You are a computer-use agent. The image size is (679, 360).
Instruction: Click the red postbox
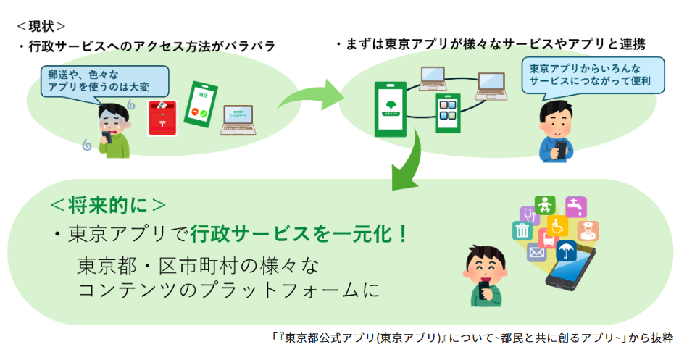(x=162, y=118)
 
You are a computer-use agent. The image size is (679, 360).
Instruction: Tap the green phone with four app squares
(x=447, y=112)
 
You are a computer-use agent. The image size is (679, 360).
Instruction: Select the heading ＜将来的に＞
(x=109, y=205)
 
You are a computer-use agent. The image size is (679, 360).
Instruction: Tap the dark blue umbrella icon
(x=566, y=251)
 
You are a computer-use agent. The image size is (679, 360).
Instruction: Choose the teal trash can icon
(x=522, y=230)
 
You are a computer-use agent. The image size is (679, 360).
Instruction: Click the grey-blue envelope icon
(x=536, y=252)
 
